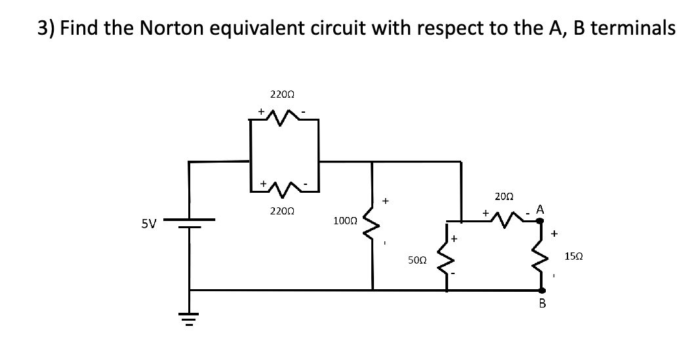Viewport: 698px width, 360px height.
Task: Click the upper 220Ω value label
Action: (x=282, y=94)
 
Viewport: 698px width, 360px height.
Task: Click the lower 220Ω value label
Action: (x=282, y=212)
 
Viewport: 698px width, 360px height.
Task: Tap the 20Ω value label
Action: (x=504, y=195)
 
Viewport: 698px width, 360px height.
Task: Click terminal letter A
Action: (x=540, y=209)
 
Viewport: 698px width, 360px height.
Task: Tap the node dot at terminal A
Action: (x=541, y=222)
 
